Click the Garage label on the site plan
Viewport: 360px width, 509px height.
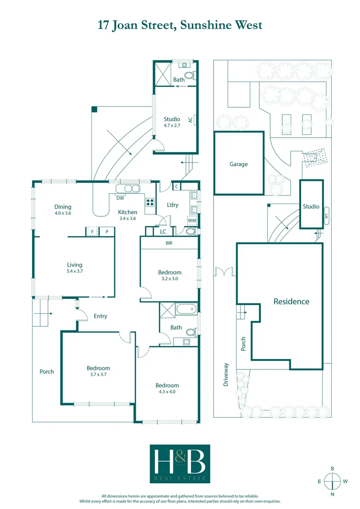pyautogui.click(x=238, y=164)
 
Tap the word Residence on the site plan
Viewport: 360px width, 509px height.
pyautogui.click(x=291, y=302)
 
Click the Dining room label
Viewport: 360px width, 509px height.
pyautogui.click(x=63, y=207)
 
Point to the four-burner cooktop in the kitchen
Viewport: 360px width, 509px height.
pyautogui.click(x=150, y=203)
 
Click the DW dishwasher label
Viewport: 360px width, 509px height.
pyautogui.click(x=120, y=198)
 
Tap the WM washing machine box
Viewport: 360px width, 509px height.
pyautogui.click(x=192, y=221)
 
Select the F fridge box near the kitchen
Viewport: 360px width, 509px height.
pyautogui.click(x=92, y=231)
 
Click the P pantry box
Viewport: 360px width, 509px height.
pyautogui.click(x=107, y=231)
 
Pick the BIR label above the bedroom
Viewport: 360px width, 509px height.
pyautogui.click(x=169, y=243)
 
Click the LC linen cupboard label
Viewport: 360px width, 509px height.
pyautogui.click(x=163, y=231)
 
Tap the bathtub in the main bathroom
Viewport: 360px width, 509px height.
pyautogui.click(x=187, y=310)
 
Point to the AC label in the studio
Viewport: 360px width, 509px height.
pyautogui.click(x=190, y=120)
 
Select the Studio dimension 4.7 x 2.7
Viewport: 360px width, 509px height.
pyautogui.click(x=172, y=125)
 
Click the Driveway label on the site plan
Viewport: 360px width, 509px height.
pyautogui.click(x=226, y=375)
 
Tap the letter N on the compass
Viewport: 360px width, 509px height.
pyautogui.click(x=333, y=494)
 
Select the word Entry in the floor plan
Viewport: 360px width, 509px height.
pyautogui.click(x=100, y=316)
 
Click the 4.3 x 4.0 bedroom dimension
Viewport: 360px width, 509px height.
pyautogui.click(x=167, y=392)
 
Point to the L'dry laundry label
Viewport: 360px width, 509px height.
pyautogui.click(x=172, y=205)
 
